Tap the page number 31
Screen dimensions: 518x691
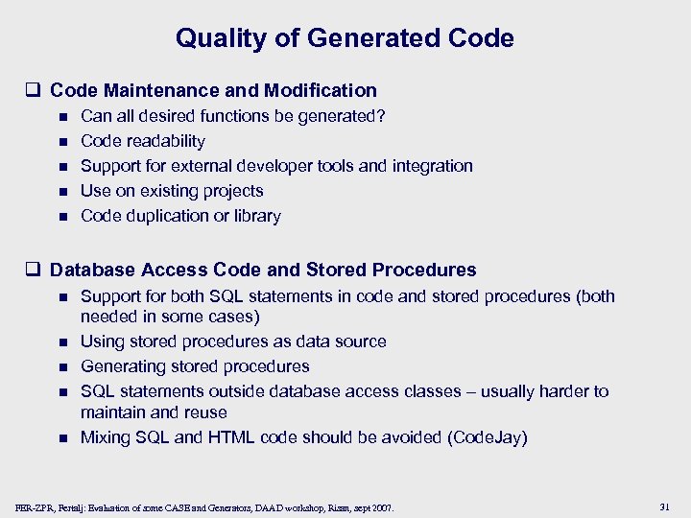(x=664, y=506)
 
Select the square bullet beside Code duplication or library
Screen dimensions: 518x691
(x=61, y=217)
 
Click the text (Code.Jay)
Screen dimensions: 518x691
(x=487, y=437)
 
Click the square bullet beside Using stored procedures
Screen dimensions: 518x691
(x=61, y=342)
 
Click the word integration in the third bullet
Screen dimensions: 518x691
(x=430, y=166)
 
